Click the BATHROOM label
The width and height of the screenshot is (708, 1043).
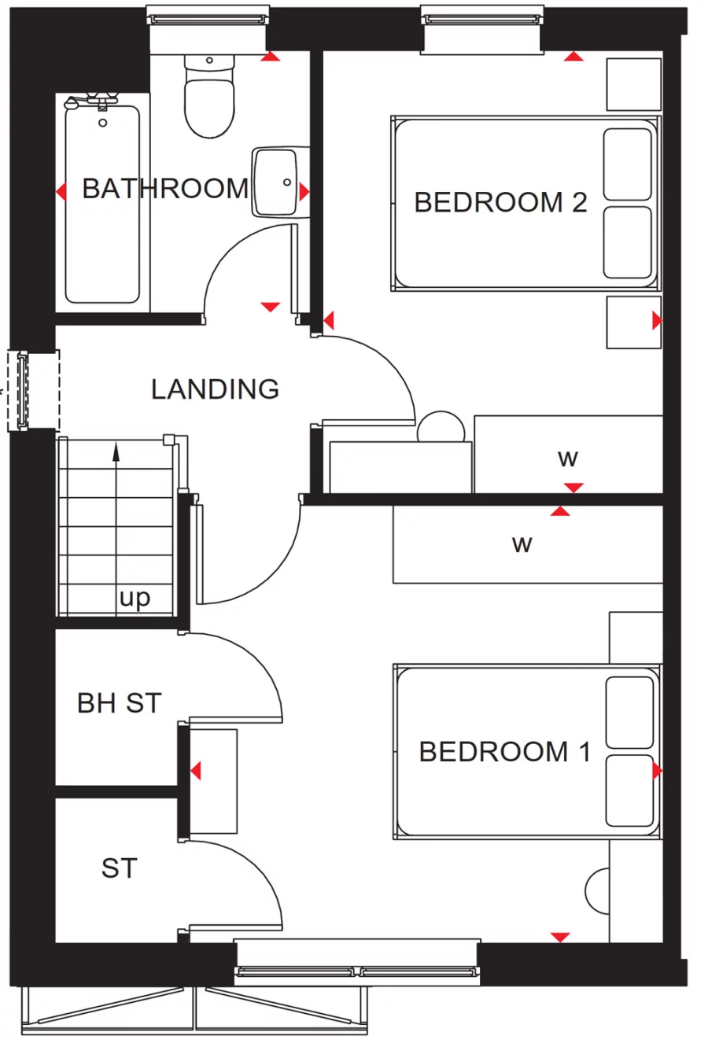pos(165,189)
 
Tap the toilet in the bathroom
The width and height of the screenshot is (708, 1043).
pos(209,98)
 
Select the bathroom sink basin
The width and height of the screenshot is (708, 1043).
pos(275,182)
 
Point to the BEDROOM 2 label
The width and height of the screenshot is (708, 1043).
pos(500,202)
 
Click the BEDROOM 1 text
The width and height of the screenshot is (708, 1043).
pos(504,751)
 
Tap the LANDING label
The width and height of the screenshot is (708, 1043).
pos(215,389)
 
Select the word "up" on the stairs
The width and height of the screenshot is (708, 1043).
pos(135,598)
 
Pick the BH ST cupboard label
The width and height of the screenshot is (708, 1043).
pos(119,702)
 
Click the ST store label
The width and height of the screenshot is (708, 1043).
pos(119,868)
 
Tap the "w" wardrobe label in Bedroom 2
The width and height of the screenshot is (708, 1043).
pos(568,458)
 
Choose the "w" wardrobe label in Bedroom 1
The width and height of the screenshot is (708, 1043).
pos(522,544)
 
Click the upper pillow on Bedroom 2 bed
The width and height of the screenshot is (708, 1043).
pos(628,164)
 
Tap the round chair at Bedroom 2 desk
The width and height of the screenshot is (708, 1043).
pos(441,427)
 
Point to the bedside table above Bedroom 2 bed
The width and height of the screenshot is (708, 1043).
pos(633,84)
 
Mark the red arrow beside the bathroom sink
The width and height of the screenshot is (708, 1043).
pos(304,191)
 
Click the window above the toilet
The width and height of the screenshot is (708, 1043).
pos(208,17)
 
